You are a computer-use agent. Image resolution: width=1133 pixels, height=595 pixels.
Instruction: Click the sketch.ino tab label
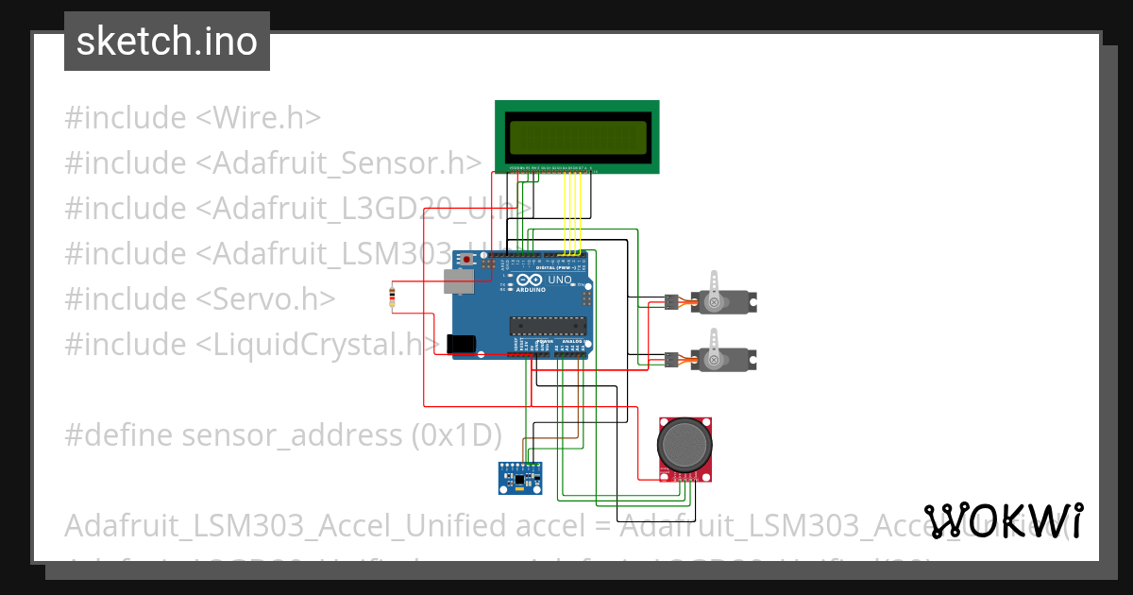click(167, 42)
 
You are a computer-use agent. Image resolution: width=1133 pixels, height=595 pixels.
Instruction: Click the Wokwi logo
click(1003, 520)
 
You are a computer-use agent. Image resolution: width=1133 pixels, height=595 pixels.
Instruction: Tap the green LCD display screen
click(577, 138)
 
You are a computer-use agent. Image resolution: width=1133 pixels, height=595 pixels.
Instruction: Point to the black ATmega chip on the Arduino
click(549, 326)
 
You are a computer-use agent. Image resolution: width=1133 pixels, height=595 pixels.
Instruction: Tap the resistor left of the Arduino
click(392, 297)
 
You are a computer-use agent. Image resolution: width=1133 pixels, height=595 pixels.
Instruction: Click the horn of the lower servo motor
click(715, 348)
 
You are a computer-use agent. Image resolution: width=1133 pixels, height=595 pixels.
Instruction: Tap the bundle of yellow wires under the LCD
click(571, 212)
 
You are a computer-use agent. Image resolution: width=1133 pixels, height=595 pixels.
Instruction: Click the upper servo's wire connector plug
click(670, 303)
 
